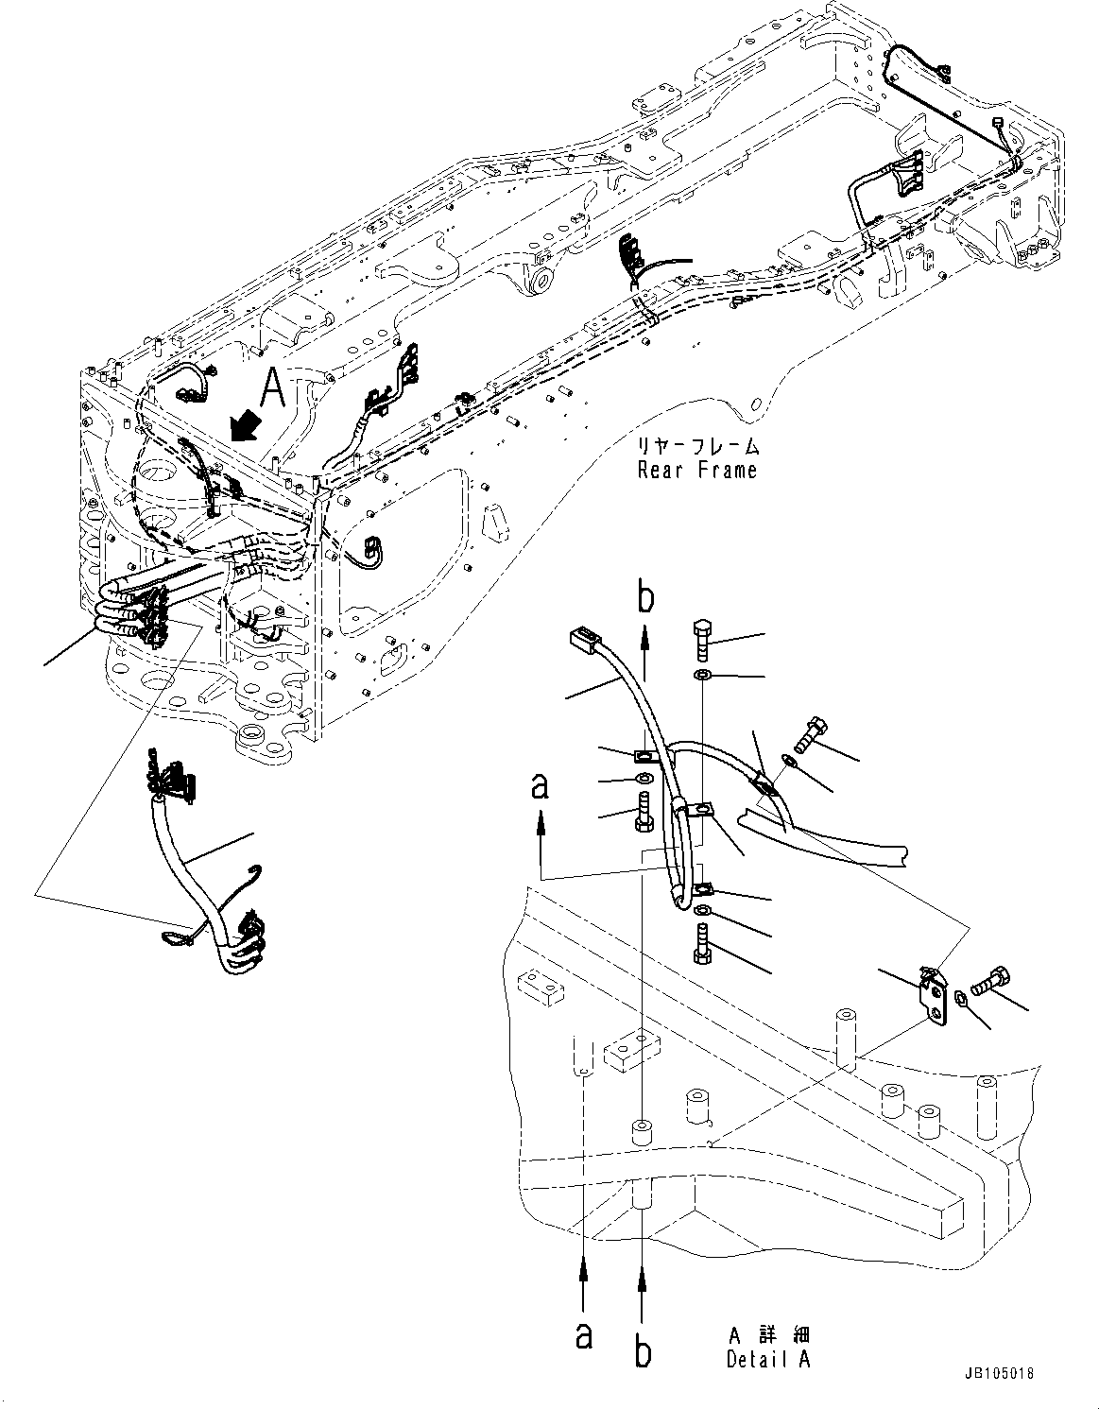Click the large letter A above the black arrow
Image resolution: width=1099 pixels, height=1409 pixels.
pyautogui.click(x=272, y=387)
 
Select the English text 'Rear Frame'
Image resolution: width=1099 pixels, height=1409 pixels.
pyautogui.click(x=696, y=470)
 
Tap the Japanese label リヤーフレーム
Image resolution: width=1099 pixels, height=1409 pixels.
pyautogui.click(x=698, y=446)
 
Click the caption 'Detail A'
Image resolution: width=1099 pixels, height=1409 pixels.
pyautogui.click(x=767, y=1360)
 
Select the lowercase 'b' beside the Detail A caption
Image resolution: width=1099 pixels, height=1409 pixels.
pyautogui.click(x=643, y=1352)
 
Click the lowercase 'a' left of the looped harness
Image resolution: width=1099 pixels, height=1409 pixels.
pyautogui.click(x=541, y=785)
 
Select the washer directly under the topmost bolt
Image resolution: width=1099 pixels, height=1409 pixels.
pyautogui.click(x=703, y=677)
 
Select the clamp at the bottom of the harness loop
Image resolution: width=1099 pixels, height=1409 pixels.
pyautogui.click(x=702, y=890)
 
